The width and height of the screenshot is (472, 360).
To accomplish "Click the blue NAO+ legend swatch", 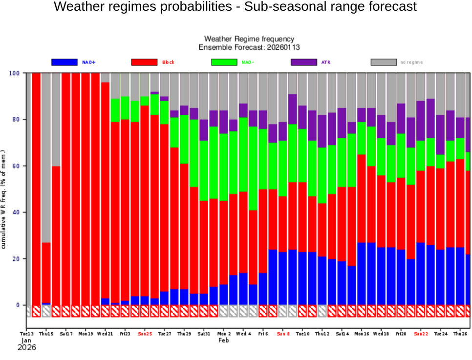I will pos(64,62).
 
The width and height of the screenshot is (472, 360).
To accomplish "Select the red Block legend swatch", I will pos(144,62).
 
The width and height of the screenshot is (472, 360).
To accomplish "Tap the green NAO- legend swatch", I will pos(224,62).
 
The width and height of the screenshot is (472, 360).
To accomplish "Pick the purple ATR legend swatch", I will pos(303,62).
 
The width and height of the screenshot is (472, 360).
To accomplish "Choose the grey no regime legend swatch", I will pos(384,62).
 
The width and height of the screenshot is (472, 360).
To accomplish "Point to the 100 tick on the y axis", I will pos(15,73).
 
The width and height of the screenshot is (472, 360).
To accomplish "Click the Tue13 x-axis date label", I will pos(27,334).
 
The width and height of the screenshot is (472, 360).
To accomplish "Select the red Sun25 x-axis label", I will pos(145,334).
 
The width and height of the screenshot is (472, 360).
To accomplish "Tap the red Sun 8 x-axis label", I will pos(283,334).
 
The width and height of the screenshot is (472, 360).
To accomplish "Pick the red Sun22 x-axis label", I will pos(421,334).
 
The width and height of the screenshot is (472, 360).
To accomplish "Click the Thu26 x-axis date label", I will pos(460,334).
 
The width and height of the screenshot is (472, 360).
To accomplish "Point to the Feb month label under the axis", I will pos(223,340).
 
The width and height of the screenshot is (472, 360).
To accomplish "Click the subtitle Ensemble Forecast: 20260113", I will pos(249,47).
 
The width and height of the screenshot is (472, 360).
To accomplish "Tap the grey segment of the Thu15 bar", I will pos(46,156).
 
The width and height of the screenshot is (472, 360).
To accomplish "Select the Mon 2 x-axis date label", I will pos(224,334).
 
